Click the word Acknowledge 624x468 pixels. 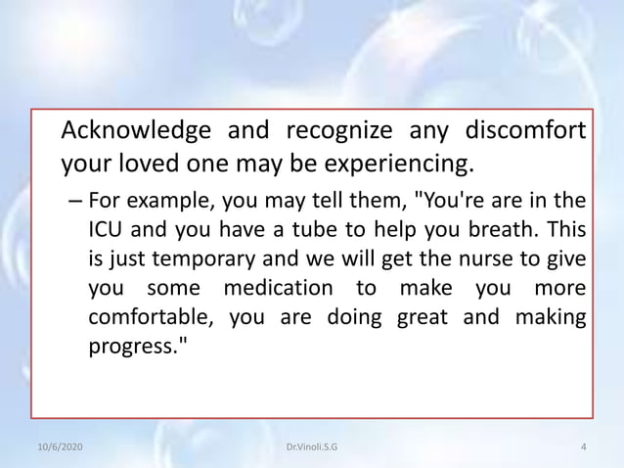coord(136,129)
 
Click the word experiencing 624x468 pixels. coord(381,160)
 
